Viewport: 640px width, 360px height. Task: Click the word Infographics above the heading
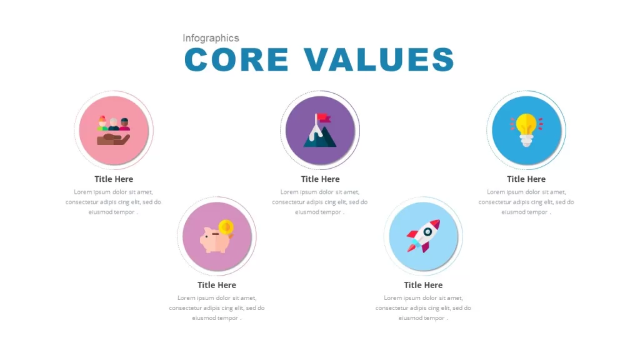pyautogui.click(x=211, y=38)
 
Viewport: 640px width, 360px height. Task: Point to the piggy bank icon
pyautogui.click(x=216, y=240)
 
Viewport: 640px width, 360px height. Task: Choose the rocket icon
pyautogui.click(x=423, y=236)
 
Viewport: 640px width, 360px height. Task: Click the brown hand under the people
pyautogui.click(x=113, y=139)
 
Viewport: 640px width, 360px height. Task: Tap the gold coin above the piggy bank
pyautogui.click(x=226, y=227)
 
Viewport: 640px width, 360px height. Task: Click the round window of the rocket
pyautogui.click(x=427, y=232)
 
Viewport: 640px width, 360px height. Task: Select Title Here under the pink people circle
pyautogui.click(x=114, y=179)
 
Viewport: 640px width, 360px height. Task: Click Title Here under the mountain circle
pyautogui.click(x=321, y=179)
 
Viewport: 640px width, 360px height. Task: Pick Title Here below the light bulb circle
pyautogui.click(x=526, y=179)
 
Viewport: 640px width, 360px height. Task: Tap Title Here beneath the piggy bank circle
pyautogui.click(x=217, y=285)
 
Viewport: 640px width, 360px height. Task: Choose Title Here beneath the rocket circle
pyautogui.click(x=423, y=285)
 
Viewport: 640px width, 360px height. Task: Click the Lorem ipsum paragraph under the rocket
pyautogui.click(x=423, y=308)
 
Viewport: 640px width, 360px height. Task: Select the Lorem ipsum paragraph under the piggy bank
pyautogui.click(x=217, y=308)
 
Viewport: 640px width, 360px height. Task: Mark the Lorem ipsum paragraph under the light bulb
pyautogui.click(x=526, y=202)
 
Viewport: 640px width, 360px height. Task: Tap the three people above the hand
pyautogui.click(x=114, y=123)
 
